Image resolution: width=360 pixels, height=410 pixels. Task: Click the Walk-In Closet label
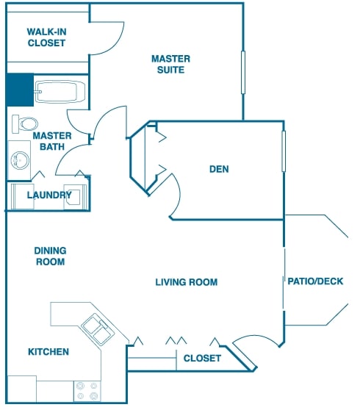point(46,37)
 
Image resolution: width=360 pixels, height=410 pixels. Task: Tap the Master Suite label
point(170,65)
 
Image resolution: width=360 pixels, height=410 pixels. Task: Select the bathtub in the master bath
point(60,92)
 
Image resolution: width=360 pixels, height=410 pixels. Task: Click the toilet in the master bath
point(25,123)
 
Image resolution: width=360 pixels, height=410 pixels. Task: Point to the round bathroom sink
point(20,160)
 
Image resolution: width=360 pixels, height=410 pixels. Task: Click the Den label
point(219,169)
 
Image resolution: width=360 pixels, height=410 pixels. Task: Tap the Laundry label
point(49,195)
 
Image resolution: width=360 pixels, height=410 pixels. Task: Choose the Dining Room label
point(50,256)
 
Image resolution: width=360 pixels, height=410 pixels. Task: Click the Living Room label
point(187,282)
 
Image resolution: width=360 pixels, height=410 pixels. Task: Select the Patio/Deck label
point(315,281)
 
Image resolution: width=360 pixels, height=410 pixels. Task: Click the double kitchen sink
point(98,329)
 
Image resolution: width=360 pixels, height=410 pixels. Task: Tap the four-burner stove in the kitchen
point(87,391)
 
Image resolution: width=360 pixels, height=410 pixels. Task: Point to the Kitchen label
point(48,352)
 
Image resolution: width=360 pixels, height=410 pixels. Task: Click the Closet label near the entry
point(202,359)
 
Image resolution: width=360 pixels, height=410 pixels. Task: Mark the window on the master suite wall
point(243,73)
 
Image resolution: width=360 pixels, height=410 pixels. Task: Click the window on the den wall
point(284,151)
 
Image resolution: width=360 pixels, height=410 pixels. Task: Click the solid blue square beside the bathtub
point(20,90)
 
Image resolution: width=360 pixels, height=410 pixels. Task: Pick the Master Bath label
point(52,141)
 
